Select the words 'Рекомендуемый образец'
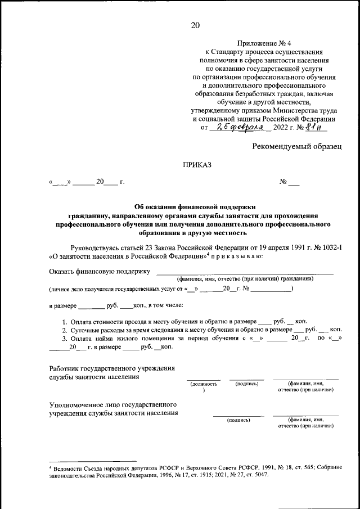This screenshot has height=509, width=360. coord(296,146)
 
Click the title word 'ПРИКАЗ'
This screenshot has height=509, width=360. coord(196,165)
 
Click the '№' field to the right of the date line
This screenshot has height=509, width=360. coord(289,182)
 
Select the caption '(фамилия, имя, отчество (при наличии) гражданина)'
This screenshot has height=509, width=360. coord(246,279)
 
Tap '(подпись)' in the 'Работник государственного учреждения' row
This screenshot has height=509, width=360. coord(247,384)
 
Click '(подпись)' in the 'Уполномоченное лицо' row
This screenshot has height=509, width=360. coord(238,420)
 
